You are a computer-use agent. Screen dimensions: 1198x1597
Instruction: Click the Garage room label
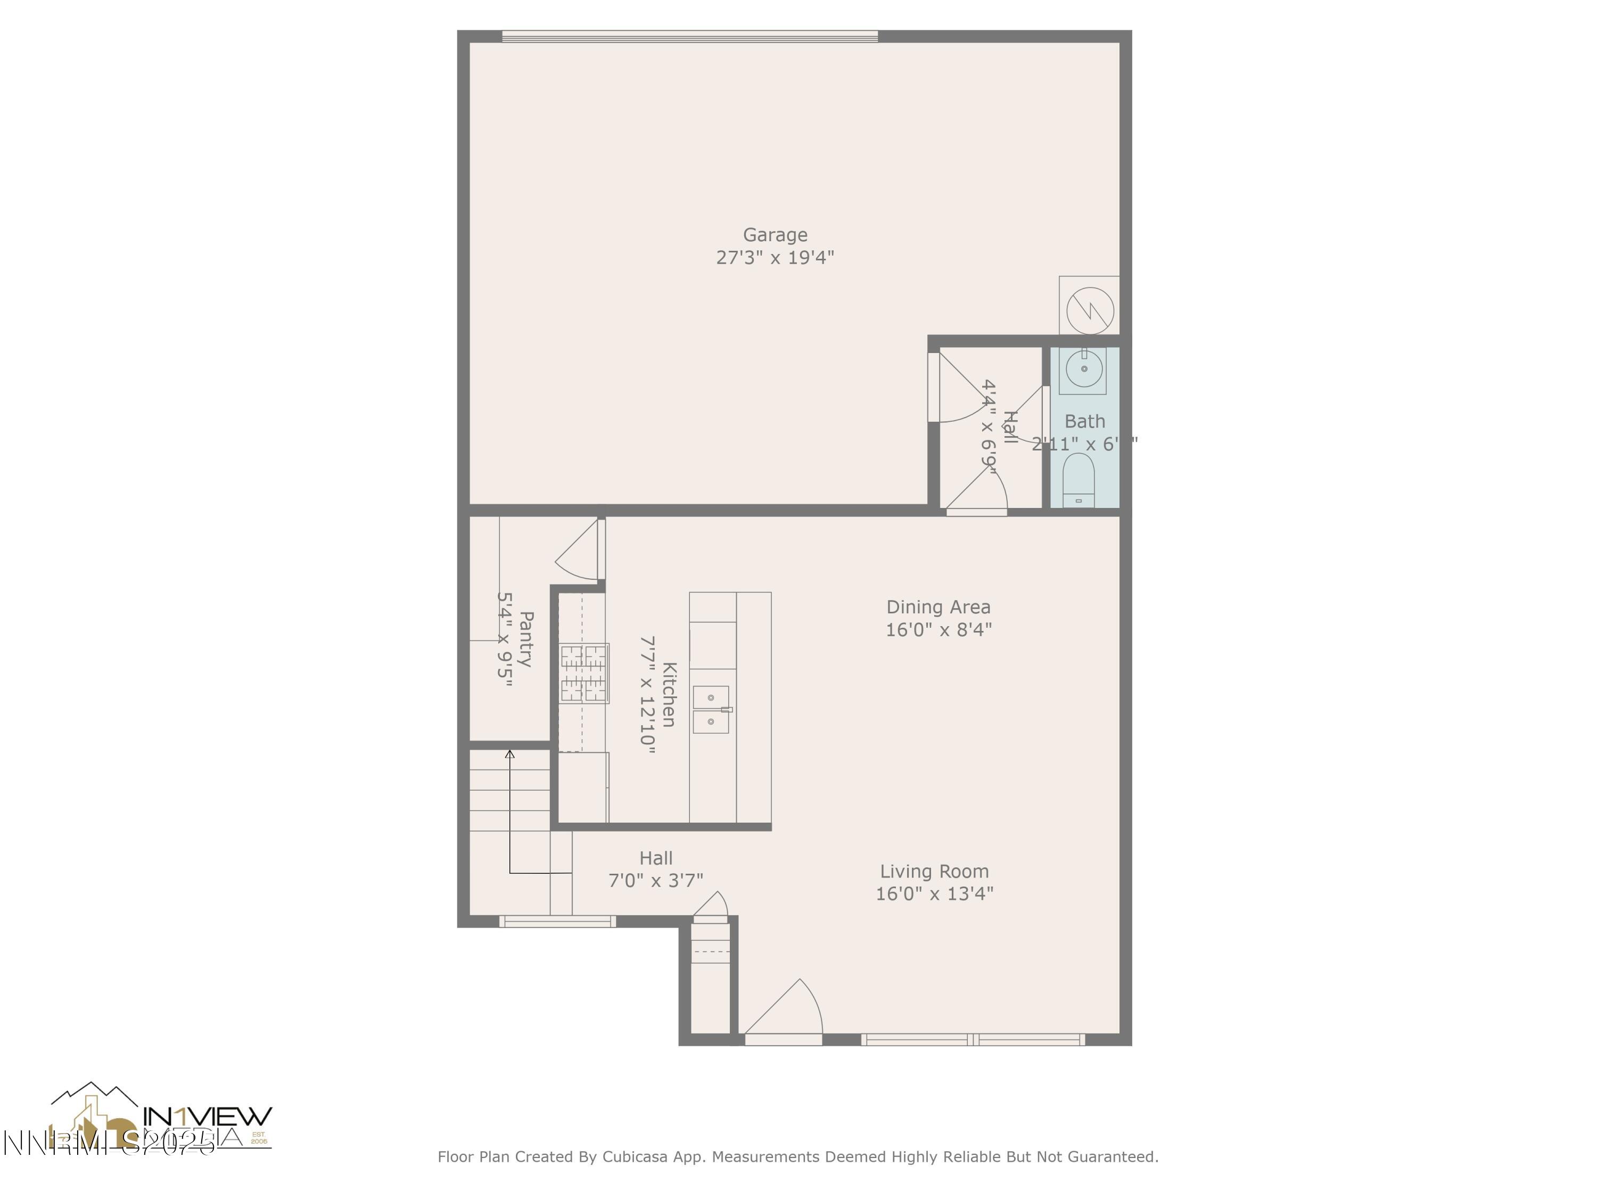point(775,235)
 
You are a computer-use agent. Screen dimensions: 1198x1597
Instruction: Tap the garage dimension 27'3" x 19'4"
point(775,258)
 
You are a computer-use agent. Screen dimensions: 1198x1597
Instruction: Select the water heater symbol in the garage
point(1090,310)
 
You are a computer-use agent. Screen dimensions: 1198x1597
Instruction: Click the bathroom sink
point(1083,370)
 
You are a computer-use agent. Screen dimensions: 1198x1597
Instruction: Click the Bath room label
point(1084,421)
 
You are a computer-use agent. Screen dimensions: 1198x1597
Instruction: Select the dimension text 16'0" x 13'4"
point(934,894)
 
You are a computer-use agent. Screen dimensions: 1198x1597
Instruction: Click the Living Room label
point(934,872)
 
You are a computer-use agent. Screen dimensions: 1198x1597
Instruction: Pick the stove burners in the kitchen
point(584,673)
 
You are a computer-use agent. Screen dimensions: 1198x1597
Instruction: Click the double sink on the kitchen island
point(711,709)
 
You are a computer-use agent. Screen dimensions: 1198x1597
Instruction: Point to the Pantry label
point(526,639)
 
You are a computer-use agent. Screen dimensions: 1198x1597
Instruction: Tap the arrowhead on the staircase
point(510,754)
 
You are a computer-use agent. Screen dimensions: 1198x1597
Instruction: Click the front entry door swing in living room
point(787,1011)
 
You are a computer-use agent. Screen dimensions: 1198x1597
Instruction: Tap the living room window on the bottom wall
point(973,1040)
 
